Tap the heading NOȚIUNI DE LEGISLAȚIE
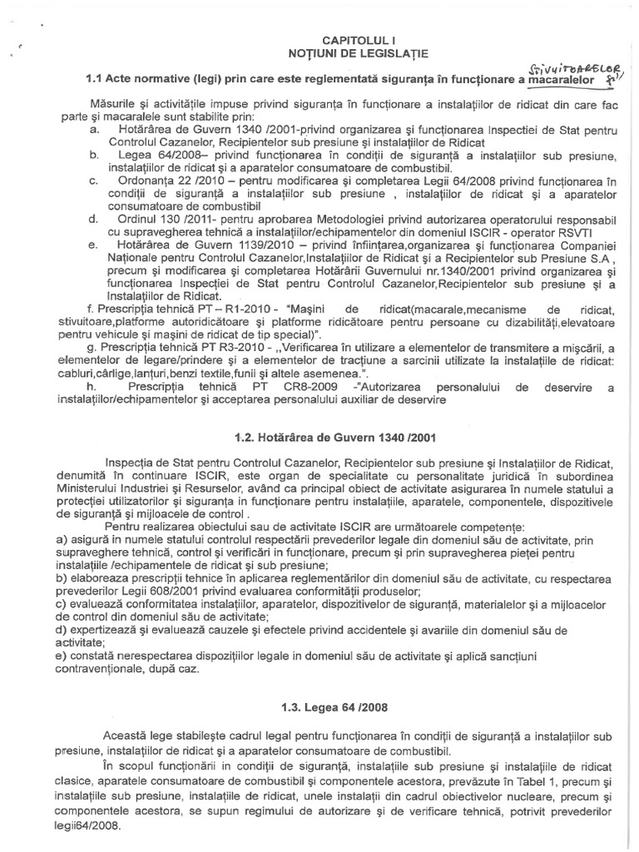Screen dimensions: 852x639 tap(353, 53)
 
